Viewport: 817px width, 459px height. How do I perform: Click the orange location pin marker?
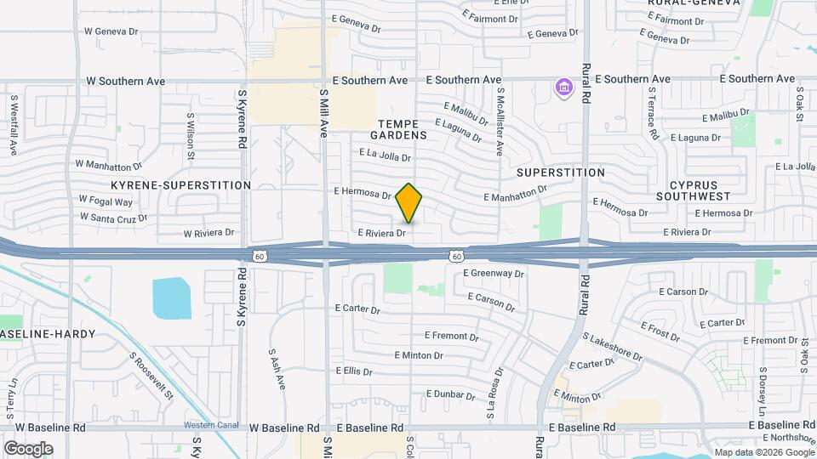click(x=409, y=203)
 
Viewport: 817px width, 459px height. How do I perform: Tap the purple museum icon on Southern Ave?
click(x=563, y=88)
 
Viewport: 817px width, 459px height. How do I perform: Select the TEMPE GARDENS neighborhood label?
click(x=398, y=129)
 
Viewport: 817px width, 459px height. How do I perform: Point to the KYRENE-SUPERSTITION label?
click(x=180, y=184)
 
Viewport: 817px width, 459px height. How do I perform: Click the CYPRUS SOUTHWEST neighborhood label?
click(x=694, y=190)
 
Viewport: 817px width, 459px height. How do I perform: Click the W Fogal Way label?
click(x=106, y=201)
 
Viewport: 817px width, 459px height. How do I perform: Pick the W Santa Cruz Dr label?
click(x=113, y=217)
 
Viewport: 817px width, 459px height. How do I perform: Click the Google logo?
click(x=28, y=448)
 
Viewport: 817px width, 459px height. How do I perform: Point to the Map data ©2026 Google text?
click(x=763, y=451)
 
